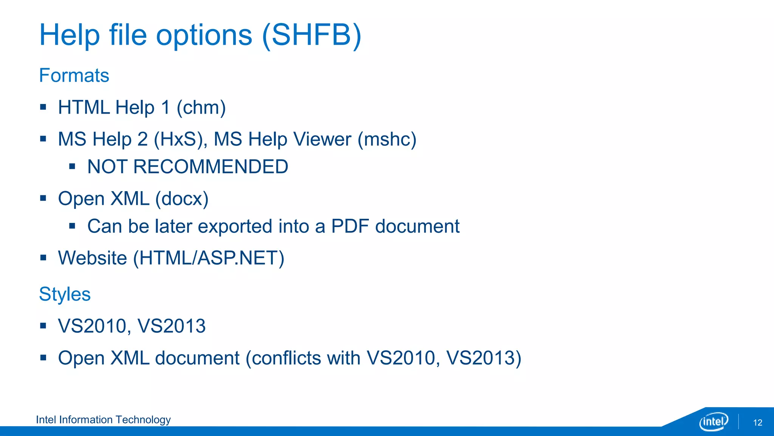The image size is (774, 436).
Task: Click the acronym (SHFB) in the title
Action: (x=311, y=35)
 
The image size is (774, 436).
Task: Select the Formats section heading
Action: (x=74, y=75)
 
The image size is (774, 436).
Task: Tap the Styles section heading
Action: (x=65, y=294)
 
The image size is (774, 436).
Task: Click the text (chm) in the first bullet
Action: (x=201, y=108)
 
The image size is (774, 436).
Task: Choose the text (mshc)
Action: (x=387, y=139)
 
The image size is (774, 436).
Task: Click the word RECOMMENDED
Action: (x=211, y=167)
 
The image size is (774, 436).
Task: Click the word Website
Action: (x=93, y=258)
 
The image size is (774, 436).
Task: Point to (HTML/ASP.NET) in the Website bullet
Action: (x=209, y=258)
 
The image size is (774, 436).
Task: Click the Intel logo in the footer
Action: (x=713, y=421)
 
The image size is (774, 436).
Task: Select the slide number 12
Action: (x=757, y=423)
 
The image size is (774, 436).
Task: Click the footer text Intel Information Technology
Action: (x=103, y=420)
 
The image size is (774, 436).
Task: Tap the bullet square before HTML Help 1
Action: (x=43, y=107)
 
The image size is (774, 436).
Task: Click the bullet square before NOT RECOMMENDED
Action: (x=72, y=166)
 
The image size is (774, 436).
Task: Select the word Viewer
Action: (x=322, y=139)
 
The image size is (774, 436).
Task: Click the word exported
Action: (x=235, y=227)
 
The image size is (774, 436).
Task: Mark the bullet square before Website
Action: (x=43, y=258)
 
